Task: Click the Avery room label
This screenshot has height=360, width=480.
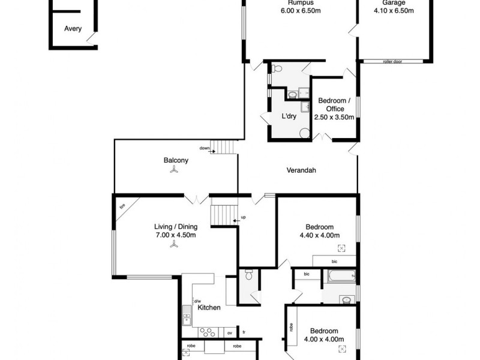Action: [73, 28]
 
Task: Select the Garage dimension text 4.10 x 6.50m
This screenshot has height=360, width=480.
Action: [394, 10]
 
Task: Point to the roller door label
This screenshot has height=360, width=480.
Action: [394, 61]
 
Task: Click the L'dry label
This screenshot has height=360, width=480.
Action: [290, 116]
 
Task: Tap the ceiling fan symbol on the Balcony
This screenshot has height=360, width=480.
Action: [173, 170]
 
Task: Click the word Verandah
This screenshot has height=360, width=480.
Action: [301, 170]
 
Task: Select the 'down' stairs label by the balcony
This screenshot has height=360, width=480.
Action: [205, 148]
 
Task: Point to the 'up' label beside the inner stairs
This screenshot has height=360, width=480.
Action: [243, 217]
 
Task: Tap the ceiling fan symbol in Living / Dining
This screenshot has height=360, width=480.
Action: [173, 244]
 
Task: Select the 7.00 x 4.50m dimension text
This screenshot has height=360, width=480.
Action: [176, 235]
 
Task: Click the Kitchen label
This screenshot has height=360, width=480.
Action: [209, 308]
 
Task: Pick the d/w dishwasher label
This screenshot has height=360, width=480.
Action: [196, 301]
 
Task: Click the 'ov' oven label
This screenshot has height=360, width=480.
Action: [229, 332]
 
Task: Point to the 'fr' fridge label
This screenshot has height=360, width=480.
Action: [244, 332]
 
